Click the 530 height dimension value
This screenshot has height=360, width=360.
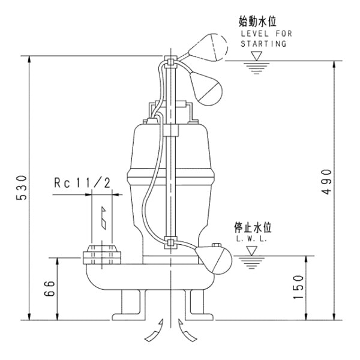19,188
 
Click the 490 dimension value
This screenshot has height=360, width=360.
326,181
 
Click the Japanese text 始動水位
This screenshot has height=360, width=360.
257,22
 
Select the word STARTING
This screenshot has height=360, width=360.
264,44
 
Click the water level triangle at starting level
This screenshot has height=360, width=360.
257,56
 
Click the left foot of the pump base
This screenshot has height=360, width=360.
130,304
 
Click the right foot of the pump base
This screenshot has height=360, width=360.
198,304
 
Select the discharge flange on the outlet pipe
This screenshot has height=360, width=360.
101,255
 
